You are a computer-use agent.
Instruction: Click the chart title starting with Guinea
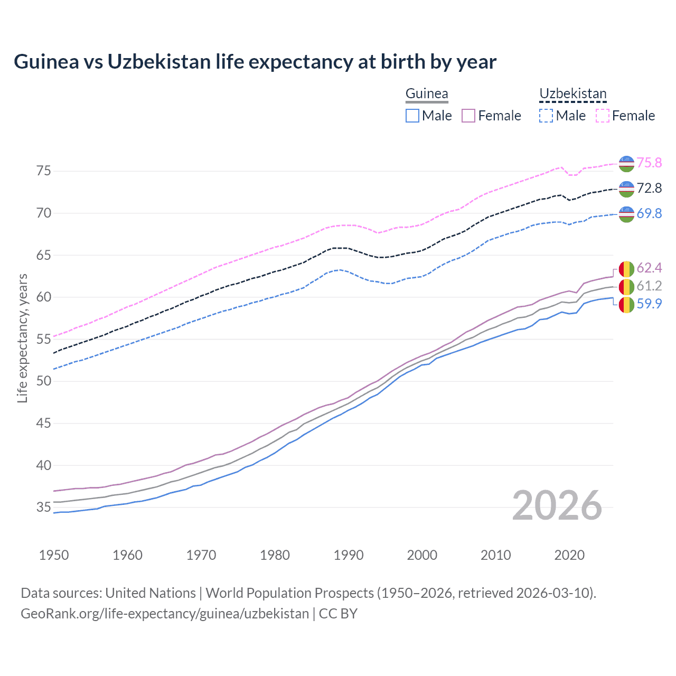[255, 62]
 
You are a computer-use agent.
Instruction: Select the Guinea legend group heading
[427, 94]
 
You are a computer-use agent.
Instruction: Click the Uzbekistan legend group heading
[573, 94]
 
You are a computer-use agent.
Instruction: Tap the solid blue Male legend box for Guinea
[412, 116]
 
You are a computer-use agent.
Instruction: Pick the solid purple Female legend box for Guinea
[469, 116]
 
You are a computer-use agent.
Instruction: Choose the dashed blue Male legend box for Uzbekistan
[546, 116]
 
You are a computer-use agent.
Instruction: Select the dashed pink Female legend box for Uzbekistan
[603, 116]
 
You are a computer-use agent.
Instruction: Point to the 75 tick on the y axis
[44, 171]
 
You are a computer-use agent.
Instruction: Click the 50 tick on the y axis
[44, 381]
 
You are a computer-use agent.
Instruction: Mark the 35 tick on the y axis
[44, 508]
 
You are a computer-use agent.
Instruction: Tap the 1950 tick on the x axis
[54, 555]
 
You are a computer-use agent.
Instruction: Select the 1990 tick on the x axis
[349, 555]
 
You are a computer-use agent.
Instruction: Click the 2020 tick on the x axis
[569, 555]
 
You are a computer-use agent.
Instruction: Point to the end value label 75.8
[649, 163]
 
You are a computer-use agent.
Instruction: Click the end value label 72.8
[649, 189]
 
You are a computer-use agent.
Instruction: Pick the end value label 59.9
[649, 304]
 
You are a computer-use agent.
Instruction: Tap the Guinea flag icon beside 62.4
[626, 269]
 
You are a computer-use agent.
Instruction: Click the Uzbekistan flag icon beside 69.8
[626, 214]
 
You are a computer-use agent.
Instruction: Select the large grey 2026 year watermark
[557, 505]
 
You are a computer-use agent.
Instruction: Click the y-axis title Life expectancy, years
[22, 338]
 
